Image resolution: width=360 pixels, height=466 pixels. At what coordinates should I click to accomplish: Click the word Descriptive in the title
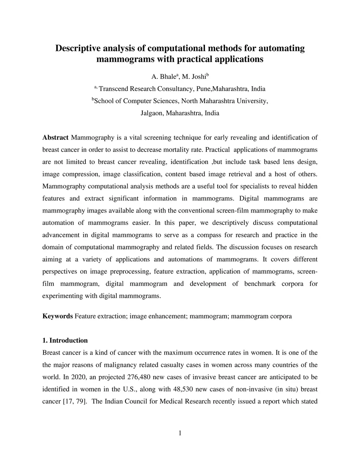coord(78,48)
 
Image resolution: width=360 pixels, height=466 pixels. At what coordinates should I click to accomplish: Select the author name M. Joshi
coord(194,77)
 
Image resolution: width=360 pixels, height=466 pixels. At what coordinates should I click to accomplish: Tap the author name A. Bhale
coord(163,77)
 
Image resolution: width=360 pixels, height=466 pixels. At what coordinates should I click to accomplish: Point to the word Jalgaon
coord(152,113)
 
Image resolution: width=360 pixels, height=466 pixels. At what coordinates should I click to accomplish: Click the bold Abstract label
coord(56,138)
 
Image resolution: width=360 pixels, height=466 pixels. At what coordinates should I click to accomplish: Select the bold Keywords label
coord(58,316)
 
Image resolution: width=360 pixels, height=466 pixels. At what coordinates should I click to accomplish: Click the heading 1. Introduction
coord(65,340)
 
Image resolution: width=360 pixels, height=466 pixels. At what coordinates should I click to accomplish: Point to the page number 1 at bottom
coord(180,433)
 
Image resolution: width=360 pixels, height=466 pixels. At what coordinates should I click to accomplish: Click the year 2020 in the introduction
coord(78,377)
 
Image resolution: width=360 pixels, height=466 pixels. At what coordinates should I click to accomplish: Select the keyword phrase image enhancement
coord(159,316)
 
